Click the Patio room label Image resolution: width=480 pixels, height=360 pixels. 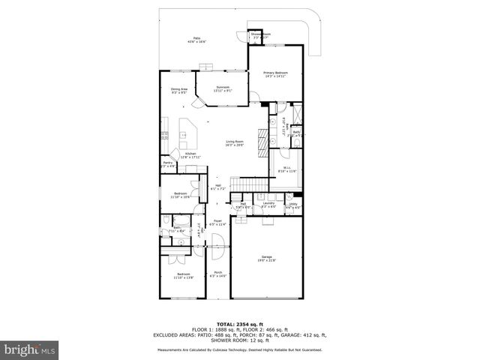(x=197, y=37)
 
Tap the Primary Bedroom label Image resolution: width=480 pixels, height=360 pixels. (x=275, y=73)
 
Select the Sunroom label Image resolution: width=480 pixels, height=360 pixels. (x=223, y=87)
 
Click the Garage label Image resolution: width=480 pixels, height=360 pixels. (x=268, y=257)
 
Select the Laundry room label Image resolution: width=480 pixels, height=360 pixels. (x=268, y=203)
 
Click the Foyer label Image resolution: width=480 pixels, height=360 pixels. (x=217, y=222)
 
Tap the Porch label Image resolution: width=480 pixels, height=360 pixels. (x=217, y=273)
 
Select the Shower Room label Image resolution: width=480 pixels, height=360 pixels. (x=260, y=34)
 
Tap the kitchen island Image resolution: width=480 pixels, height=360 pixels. (x=189, y=133)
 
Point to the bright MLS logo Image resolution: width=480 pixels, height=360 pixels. (x=30, y=349)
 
